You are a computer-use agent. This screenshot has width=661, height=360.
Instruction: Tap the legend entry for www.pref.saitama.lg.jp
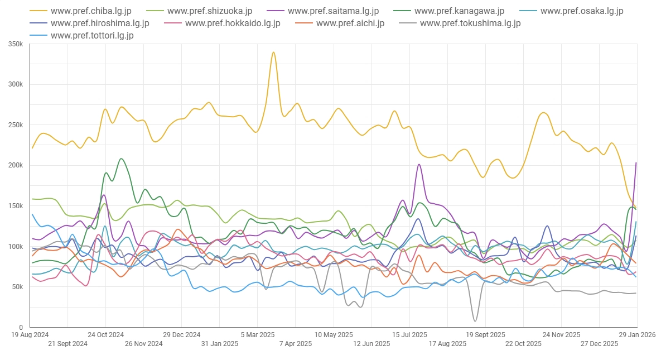[333, 11]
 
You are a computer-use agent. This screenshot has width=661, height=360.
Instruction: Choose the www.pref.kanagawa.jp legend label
[459, 11]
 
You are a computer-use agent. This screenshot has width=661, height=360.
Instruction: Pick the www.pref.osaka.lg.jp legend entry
[582, 11]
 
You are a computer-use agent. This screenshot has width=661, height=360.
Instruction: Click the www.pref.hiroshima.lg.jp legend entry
[99, 23]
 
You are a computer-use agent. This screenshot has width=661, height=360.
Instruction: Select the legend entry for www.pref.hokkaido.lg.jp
[232, 23]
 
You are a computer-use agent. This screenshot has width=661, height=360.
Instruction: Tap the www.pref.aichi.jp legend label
[350, 23]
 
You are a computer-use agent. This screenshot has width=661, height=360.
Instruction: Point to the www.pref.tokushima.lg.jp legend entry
[470, 23]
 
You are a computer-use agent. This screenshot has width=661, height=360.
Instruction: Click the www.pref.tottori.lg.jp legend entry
[91, 36]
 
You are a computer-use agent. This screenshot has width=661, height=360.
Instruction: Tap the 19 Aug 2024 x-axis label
[30, 335]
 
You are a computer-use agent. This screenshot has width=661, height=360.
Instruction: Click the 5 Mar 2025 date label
[257, 335]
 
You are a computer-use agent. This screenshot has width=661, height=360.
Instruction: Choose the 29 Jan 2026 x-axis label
[637, 335]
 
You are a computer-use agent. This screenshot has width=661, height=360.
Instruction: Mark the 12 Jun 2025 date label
[371, 344]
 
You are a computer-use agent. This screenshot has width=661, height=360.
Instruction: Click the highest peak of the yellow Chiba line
[273, 52]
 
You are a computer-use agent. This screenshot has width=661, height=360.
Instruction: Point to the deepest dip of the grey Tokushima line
[475, 321]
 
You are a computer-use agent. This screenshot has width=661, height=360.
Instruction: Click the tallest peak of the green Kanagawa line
[121, 159]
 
